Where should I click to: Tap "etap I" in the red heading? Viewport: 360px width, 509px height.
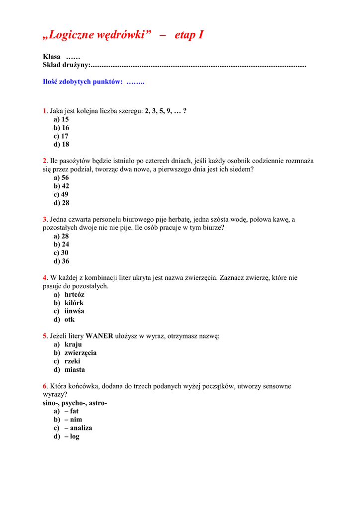pyautogui.click(x=189, y=35)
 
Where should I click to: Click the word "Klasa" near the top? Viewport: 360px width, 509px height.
pyautogui.click(x=52, y=57)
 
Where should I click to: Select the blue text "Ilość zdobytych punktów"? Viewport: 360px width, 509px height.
pyautogui.click(x=83, y=82)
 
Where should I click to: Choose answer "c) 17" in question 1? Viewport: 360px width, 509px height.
pyautogui.click(x=61, y=136)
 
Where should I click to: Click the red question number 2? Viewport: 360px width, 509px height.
pyautogui.click(x=45, y=161)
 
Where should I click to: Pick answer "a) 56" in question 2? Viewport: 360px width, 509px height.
pyautogui.click(x=61, y=178)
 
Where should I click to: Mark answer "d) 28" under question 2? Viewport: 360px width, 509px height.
pyautogui.click(x=61, y=203)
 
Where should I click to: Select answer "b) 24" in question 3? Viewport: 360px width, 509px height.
pyautogui.click(x=61, y=245)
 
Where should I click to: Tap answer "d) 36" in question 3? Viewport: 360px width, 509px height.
pyautogui.click(x=61, y=261)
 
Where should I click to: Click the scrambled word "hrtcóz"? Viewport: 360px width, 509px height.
pyautogui.click(x=75, y=295)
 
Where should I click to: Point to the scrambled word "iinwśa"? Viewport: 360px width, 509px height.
pyautogui.click(x=75, y=311)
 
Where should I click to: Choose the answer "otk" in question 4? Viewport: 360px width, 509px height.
pyautogui.click(x=70, y=320)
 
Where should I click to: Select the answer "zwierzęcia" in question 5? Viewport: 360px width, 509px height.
pyautogui.click(x=81, y=353)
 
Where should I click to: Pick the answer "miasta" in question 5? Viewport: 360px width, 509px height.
pyautogui.click(x=75, y=370)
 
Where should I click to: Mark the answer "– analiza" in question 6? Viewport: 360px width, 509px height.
pyautogui.click(x=78, y=428)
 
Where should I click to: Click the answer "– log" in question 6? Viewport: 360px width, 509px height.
pyautogui.click(x=72, y=436)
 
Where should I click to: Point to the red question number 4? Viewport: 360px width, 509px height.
pyautogui.click(x=45, y=278)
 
